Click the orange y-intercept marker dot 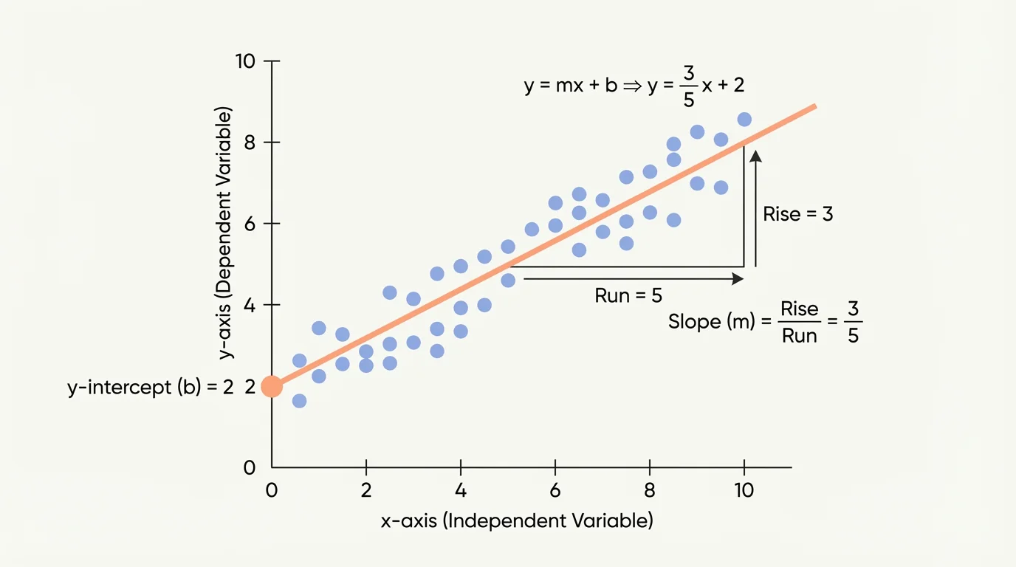[x=272, y=386]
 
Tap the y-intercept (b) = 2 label [x=151, y=387]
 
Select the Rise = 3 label [x=798, y=214]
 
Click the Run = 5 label [x=628, y=296]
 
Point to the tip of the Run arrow [x=742, y=278]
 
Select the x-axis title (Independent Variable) [x=517, y=520]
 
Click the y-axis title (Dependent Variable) [x=225, y=233]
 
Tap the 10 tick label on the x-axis [x=744, y=491]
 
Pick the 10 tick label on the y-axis [x=245, y=61]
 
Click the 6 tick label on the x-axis [x=555, y=491]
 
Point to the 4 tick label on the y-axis [x=249, y=305]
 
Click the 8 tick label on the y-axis [x=249, y=142]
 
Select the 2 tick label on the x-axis [x=366, y=491]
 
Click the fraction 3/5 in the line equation [x=688, y=86]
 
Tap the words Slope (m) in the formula [x=713, y=322]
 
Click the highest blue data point [x=744, y=120]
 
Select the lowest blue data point [x=299, y=401]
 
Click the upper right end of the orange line [x=814, y=107]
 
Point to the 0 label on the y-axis [x=249, y=467]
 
